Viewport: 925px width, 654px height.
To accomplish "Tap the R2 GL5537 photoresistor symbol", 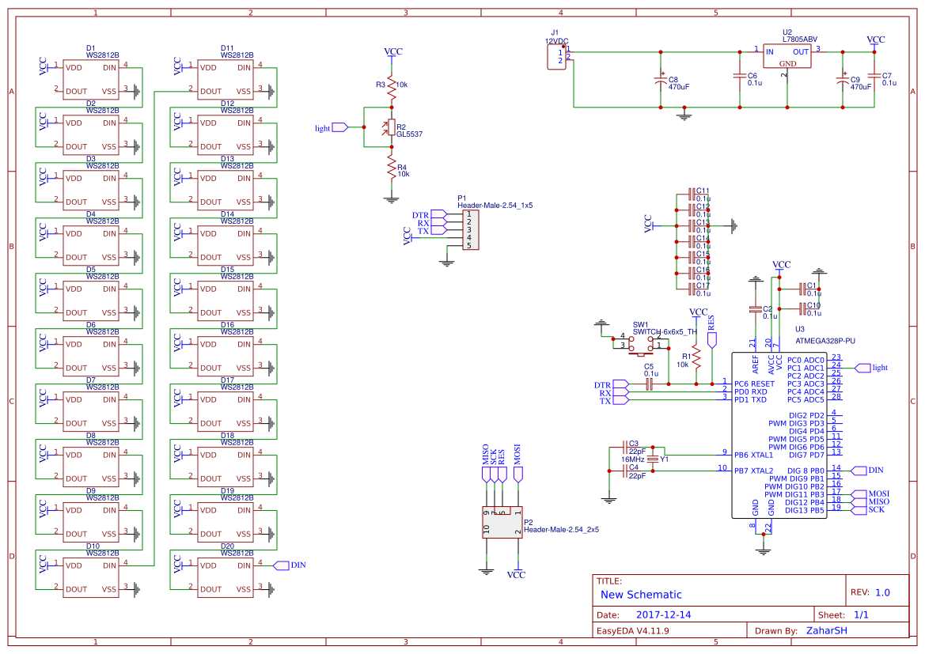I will coord(391,127).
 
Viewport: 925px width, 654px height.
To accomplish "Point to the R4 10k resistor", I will coord(391,167).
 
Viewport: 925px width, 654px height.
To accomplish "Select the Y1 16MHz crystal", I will coord(653,459).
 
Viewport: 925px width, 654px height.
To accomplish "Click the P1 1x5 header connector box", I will coord(471,229).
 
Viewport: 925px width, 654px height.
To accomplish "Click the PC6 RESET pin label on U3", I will coord(754,384).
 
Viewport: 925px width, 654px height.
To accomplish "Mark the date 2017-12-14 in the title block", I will coord(664,614).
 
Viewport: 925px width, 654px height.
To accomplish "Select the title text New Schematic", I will coord(641,595).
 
